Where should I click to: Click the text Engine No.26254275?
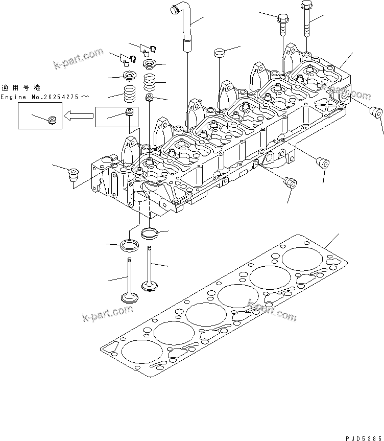coord(44,97)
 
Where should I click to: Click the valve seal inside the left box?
coord(51,121)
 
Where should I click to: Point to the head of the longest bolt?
coord(306,6)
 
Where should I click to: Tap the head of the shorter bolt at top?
coord(283,19)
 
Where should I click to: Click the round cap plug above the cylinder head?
coord(220,52)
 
